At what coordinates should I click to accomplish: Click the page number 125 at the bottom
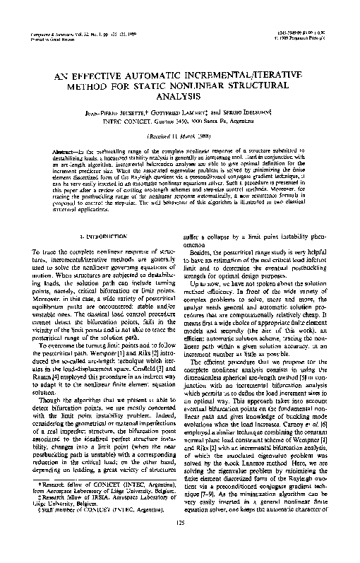(x=180, y=540)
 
